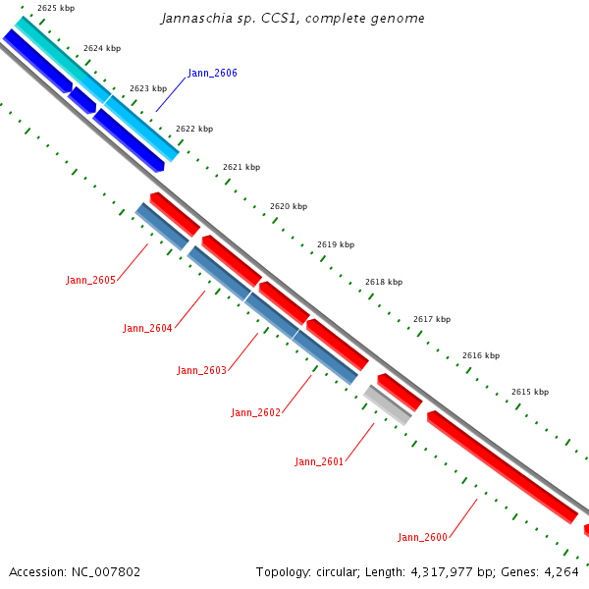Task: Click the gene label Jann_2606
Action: pyautogui.click(x=212, y=74)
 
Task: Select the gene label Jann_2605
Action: pyautogui.click(x=91, y=281)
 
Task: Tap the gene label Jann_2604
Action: pyautogui.click(x=147, y=329)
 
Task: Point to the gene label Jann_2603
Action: pyautogui.click(x=201, y=371)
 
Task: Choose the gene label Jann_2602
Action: pyautogui.click(x=256, y=412)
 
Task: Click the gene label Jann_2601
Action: pyautogui.click(x=319, y=461)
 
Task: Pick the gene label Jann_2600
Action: pyautogui.click(x=422, y=537)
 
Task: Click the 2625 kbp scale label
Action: pyautogui.click(x=56, y=8)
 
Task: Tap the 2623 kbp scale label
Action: pyautogui.click(x=147, y=88)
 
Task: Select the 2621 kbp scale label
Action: pyautogui.click(x=241, y=168)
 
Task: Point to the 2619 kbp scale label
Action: pyautogui.click(x=336, y=244)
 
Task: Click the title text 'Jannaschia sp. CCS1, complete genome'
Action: pyautogui.click(x=293, y=19)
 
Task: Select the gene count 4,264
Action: pyautogui.click(x=562, y=571)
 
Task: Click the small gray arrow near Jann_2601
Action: pyautogui.click(x=388, y=404)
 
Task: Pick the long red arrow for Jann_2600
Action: pyautogui.click(x=502, y=466)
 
